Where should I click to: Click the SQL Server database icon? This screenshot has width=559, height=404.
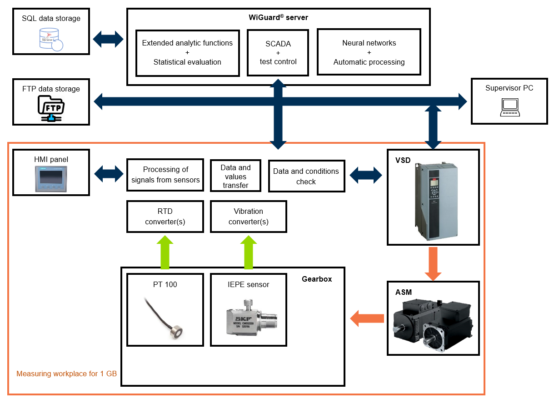point(51,40)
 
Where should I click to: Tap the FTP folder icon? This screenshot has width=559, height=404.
point(51,109)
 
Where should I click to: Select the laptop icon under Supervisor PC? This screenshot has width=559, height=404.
point(510,107)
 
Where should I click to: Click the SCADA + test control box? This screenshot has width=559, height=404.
point(278,53)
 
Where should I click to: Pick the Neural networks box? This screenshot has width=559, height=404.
point(369,52)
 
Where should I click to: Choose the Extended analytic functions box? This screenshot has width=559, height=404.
point(188,53)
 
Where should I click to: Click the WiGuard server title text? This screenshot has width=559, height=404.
point(278,17)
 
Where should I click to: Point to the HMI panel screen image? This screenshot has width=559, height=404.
point(51,179)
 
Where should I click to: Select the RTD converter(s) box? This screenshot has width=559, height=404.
point(165,217)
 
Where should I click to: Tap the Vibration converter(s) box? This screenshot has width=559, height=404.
point(249,217)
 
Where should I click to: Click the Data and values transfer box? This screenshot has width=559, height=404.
point(235,176)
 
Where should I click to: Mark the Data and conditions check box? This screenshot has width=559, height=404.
point(307,176)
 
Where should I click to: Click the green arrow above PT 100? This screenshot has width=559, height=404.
point(165,252)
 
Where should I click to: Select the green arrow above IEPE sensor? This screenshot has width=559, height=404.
point(249,252)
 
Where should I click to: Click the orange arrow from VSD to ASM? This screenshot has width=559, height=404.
point(433,264)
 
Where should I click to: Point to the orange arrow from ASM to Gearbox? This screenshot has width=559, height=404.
point(367,318)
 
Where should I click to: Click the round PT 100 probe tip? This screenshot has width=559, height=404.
point(176,332)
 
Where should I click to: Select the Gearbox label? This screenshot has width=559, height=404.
point(317,279)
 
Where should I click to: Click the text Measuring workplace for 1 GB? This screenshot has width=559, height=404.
point(67,374)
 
